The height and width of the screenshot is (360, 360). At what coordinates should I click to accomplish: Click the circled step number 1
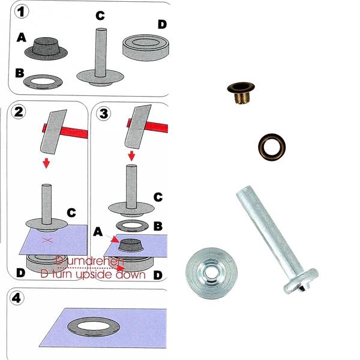21,11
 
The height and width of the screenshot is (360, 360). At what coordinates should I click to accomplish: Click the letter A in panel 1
22,37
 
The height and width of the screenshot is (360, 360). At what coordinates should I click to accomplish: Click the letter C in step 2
71,212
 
